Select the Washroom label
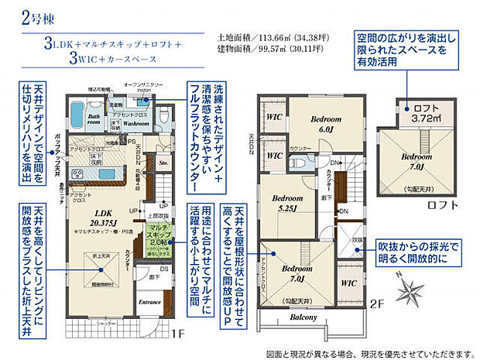click(x=136, y=123)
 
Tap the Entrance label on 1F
click(x=150, y=302)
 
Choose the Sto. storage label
click(x=163, y=164)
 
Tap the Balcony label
click(x=303, y=317)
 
